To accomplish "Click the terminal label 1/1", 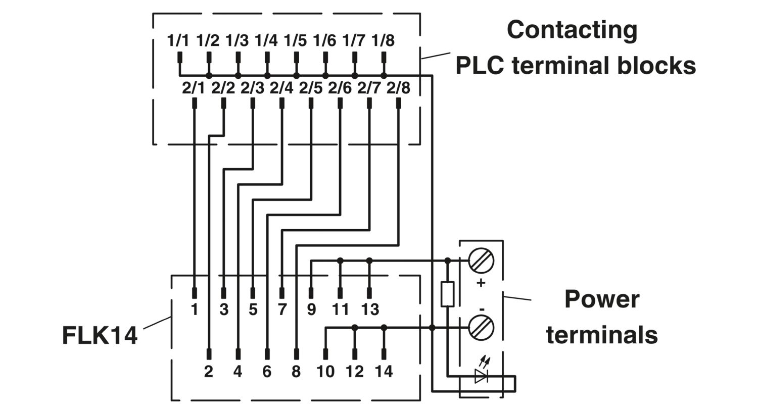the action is click(x=178, y=40).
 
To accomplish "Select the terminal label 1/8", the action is click(x=383, y=40).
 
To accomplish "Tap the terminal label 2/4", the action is click(x=281, y=88).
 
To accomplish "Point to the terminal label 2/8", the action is click(x=398, y=88).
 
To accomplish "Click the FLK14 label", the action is click(x=100, y=335).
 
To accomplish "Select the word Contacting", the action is click(x=572, y=30).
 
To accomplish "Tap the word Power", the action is click(x=602, y=299).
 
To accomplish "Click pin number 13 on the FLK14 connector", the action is click(x=370, y=309).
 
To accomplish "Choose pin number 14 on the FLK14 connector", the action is click(x=384, y=372).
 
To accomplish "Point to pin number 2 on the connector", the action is click(x=209, y=372).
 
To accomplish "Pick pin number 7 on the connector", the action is click(x=282, y=309).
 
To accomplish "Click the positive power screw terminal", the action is click(x=481, y=261).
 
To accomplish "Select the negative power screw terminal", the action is click(x=481, y=328).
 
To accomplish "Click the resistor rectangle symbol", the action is click(x=447, y=294).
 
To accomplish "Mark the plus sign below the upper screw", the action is click(x=481, y=283).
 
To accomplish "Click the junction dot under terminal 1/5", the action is click(x=297, y=76).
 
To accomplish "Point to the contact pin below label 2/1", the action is click(x=194, y=103).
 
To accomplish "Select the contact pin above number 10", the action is click(x=325, y=354).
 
